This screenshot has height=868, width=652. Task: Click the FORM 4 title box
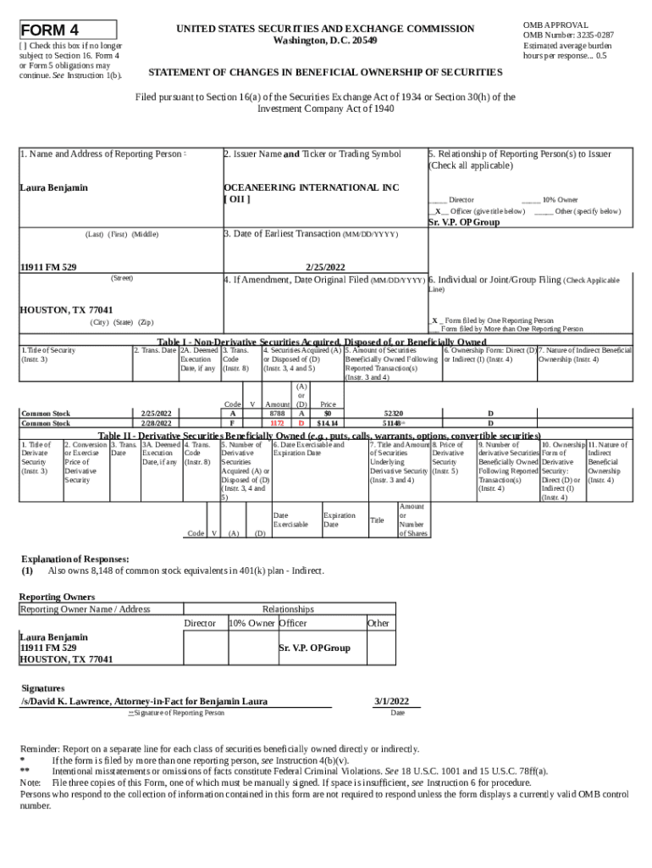coord(68,29)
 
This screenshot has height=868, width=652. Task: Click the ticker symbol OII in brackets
coord(236,199)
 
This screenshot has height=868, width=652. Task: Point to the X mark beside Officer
coord(437,210)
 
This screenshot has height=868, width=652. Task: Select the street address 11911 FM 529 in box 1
coord(48,267)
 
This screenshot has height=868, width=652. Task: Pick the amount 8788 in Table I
coord(277,413)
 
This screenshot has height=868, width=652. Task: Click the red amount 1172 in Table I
coord(277,422)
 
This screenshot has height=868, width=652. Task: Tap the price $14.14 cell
coord(327,422)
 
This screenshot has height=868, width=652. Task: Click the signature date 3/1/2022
coord(391,701)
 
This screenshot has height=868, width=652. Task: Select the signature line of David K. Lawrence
coord(144,701)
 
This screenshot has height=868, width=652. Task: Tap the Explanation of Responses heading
coord(75,559)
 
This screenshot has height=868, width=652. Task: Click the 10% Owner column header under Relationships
coord(251,623)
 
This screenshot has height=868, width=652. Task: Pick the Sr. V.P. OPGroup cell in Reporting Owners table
coord(314,648)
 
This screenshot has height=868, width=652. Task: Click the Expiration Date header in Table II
coord(339,520)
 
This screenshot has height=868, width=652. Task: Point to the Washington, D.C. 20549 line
coord(326,41)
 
